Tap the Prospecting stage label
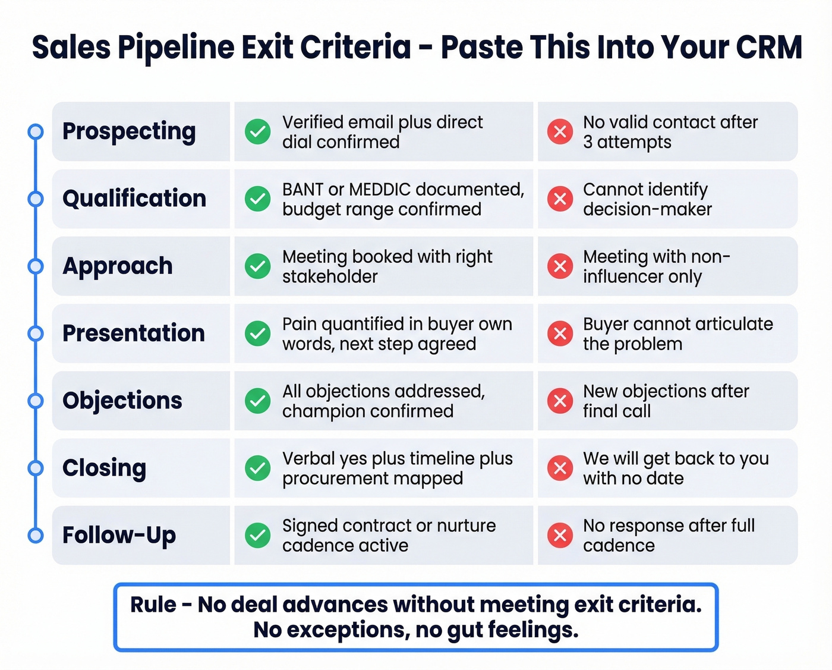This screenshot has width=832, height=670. (x=129, y=131)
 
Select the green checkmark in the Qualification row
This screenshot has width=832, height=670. (x=258, y=199)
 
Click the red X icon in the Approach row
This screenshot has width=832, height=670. (x=560, y=266)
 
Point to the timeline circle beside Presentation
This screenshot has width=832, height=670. (x=36, y=334)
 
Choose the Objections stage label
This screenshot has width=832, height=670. (x=122, y=401)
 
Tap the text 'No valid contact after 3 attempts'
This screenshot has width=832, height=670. (x=670, y=132)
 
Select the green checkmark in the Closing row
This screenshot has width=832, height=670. (x=258, y=468)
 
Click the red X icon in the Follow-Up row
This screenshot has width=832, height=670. (x=560, y=535)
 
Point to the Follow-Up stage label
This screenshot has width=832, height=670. (x=119, y=535)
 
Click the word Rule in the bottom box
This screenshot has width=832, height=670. (x=153, y=605)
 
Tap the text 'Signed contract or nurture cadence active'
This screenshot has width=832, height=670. (x=389, y=535)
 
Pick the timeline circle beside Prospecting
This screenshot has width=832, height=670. (x=36, y=131)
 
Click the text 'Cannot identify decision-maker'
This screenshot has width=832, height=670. (x=647, y=199)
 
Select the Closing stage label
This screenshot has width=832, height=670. (x=104, y=468)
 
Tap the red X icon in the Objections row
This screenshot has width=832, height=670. (x=560, y=401)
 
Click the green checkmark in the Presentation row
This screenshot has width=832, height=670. (x=258, y=334)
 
